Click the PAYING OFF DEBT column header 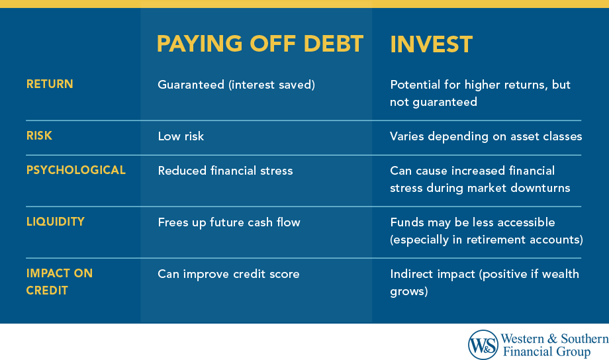[x=260, y=44]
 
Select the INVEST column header [x=431, y=44]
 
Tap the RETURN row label [x=50, y=84]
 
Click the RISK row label [x=39, y=136]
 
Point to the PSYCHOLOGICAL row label [x=75, y=170]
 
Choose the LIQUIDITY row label [x=56, y=222]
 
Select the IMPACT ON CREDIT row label [x=60, y=281]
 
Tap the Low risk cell [x=181, y=136]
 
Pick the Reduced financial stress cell [x=225, y=171]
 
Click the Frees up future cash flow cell [x=229, y=222]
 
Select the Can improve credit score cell [x=228, y=274]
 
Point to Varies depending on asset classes [x=486, y=136]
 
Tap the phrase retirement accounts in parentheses [x=527, y=240]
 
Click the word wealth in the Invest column [x=559, y=274]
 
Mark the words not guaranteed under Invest [x=434, y=102]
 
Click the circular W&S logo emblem [x=483, y=344]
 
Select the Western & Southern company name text [x=555, y=338]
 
